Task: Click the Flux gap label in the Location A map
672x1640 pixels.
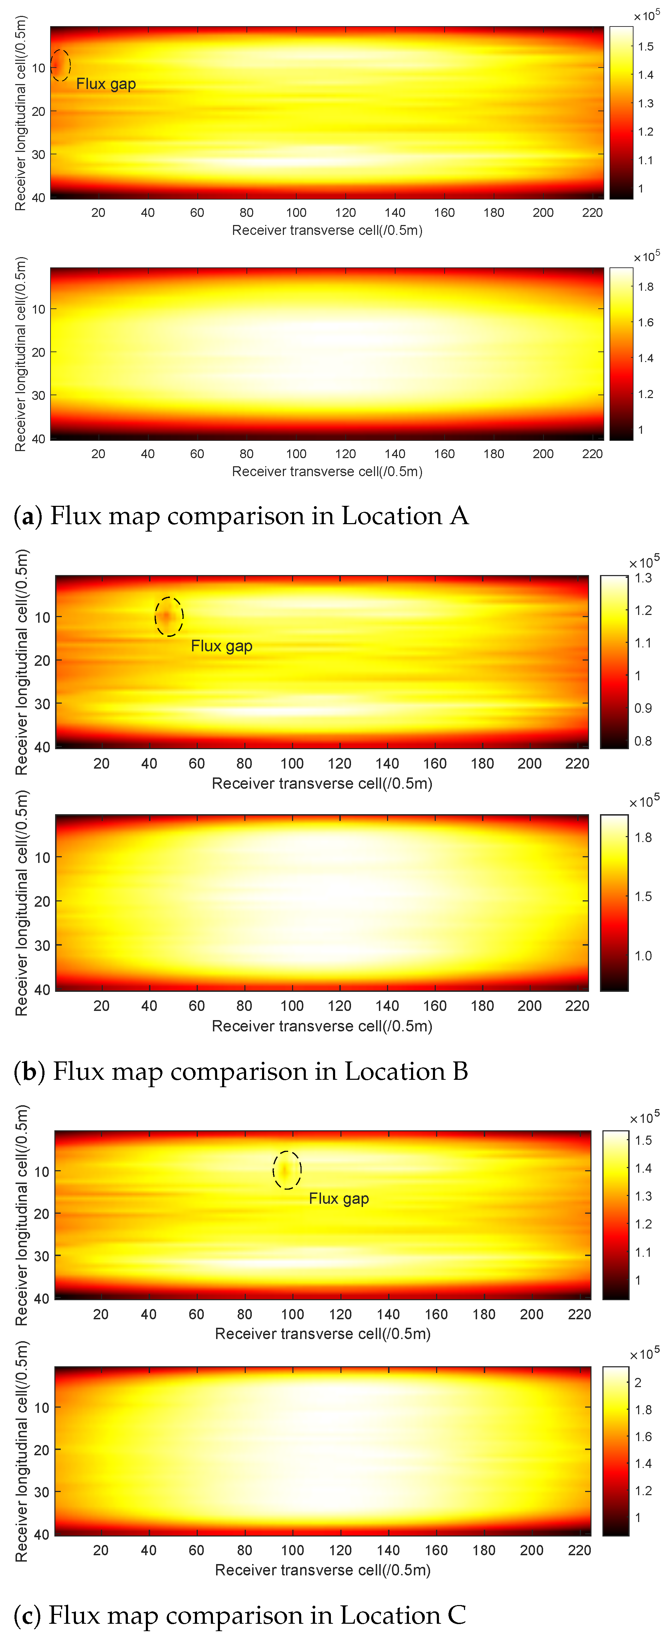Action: (106, 84)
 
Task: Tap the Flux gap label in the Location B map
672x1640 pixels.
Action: (221, 646)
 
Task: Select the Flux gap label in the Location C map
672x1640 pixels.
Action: (339, 1199)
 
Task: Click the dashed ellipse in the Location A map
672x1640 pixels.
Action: (60, 65)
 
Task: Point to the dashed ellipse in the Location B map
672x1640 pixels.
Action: (169, 616)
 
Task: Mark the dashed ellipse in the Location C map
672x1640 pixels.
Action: (287, 1170)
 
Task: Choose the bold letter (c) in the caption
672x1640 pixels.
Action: (27, 1615)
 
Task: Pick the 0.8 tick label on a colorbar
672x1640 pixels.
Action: (643, 741)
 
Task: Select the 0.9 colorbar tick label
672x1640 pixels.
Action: (643, 708)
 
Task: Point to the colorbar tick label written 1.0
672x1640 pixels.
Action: (643, 955)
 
